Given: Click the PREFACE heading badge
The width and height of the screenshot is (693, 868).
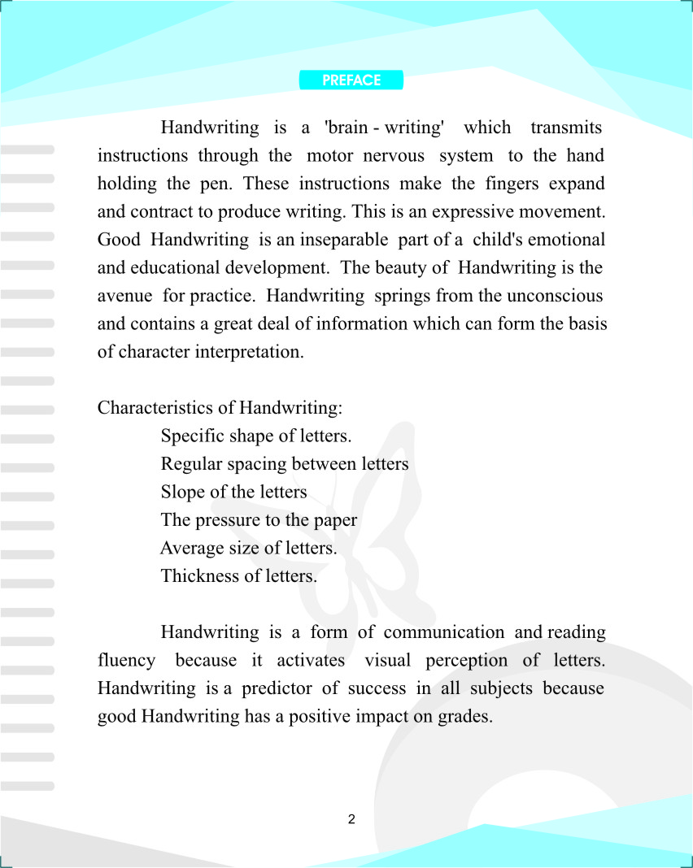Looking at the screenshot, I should pos(351,80).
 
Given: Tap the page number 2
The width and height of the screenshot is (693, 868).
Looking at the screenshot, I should pos(351,819).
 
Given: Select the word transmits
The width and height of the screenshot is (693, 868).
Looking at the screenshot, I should pos(566,128).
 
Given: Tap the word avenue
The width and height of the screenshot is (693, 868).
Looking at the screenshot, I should pos(124,296).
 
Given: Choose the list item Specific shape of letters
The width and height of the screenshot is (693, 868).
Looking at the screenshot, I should pos(256,436).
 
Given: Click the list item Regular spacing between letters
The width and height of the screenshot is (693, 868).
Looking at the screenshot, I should pos(285,464).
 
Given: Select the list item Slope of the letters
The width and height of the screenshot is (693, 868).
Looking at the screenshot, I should pos(234,492).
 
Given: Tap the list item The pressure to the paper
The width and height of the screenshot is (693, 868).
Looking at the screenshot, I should pos(259,520).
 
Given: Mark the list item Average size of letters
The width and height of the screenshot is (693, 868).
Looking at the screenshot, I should pos(249,548).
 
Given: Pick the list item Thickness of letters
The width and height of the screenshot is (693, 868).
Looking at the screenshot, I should pos(239,576).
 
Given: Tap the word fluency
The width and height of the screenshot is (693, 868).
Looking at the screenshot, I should pos(126,660).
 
